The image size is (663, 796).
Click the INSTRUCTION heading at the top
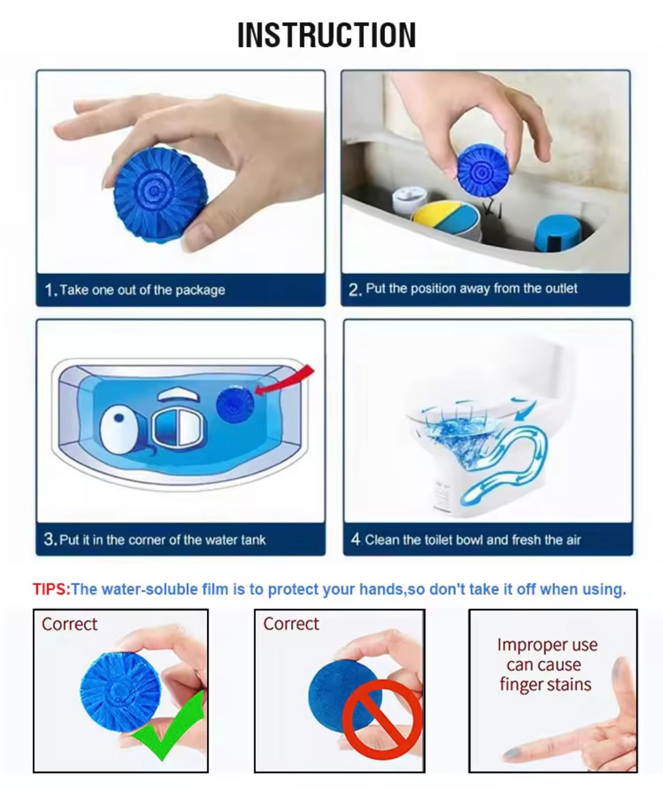point(327,35)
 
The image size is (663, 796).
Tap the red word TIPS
point(51,589)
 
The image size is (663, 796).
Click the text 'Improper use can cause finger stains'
point(547,664)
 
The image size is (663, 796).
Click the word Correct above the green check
point(69,624)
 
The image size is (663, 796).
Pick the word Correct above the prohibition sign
point(291,624)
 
